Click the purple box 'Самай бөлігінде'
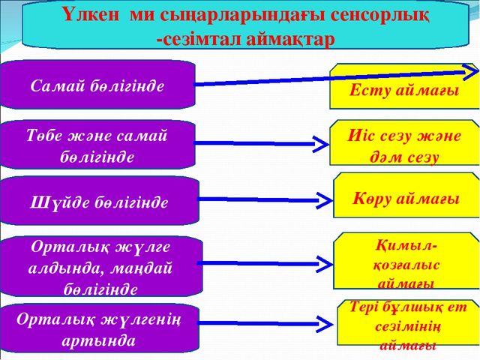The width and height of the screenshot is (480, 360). pos(97,85)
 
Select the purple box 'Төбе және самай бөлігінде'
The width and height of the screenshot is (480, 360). pos(97,145)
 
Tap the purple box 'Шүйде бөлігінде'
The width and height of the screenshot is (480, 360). pos(99,200)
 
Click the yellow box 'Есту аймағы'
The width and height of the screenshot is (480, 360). pos(404,86)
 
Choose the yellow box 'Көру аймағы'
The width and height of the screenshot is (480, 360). pos(406,195)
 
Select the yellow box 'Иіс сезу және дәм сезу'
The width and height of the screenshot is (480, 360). pos(404,142)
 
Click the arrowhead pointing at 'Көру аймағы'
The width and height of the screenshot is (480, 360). pos(325,201)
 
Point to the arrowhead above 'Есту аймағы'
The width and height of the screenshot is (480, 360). pos(471,72)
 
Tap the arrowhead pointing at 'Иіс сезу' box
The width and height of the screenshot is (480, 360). pos(321,144)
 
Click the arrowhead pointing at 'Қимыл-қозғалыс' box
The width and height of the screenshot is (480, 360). pos(325,264)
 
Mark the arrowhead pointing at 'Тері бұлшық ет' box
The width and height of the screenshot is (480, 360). pos(325,323)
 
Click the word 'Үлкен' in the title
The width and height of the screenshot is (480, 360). pos(91,15)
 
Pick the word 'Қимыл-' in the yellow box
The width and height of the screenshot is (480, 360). pos(406,245)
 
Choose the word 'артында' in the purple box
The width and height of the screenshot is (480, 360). pos(98,341)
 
